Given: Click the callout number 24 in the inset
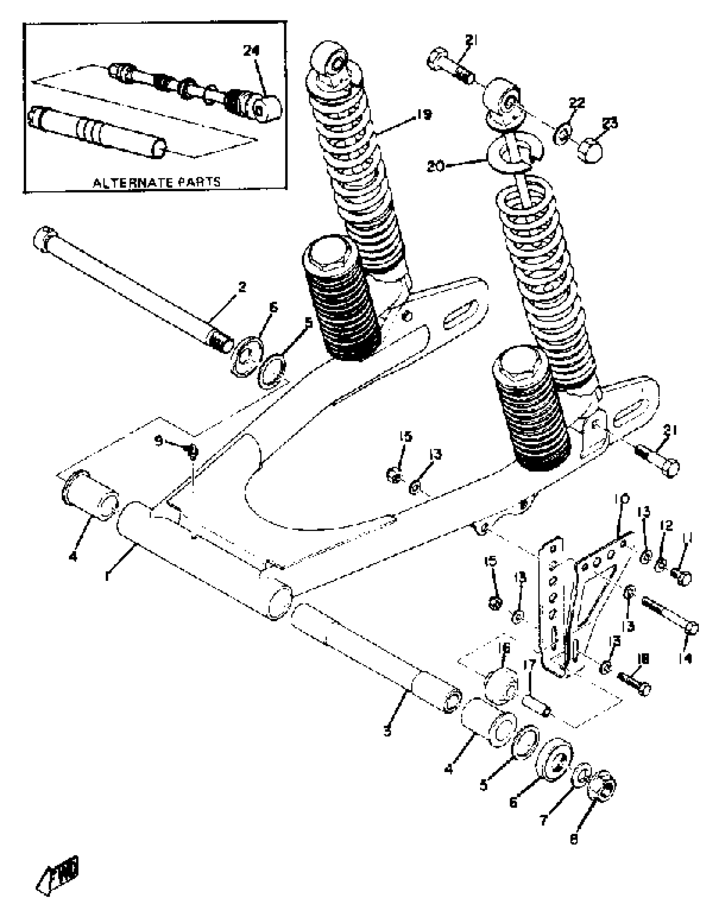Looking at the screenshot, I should point(251,51).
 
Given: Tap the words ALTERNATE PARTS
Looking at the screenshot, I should point(157,182).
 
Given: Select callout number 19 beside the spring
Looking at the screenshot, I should point(423,115).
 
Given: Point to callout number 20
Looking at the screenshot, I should point(435,166).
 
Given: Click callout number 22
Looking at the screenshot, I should point(577,103).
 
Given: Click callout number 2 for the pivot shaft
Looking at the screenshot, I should point(242,287).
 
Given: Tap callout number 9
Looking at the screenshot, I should point(158,441).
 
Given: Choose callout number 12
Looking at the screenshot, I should point(666,526).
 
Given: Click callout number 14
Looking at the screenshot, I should point(685,658).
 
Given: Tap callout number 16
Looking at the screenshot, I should point(504,648).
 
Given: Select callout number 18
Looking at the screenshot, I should point(642,659).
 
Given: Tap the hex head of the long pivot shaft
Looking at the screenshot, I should point(43,239).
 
